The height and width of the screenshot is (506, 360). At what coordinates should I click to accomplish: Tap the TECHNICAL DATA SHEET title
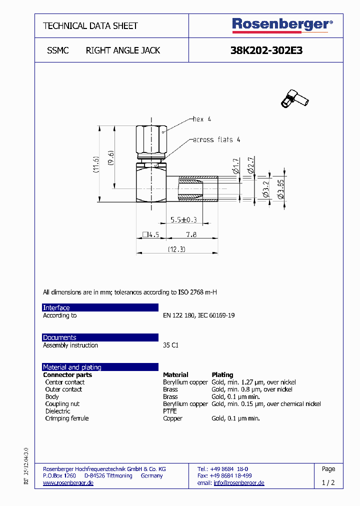point(90,25)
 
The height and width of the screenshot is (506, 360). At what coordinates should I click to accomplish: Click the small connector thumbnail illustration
point(295,98)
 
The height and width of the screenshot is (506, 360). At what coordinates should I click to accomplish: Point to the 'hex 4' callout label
point(202,119)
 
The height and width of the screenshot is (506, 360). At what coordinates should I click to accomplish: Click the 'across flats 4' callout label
point(216,140)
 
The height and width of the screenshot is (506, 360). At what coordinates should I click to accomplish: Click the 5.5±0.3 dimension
point(183,219)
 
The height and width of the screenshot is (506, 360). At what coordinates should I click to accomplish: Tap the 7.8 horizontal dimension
point(191,234)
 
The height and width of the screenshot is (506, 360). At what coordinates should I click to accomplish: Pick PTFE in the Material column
point(170,411)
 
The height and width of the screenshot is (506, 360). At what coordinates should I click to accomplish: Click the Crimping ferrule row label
point(67,418)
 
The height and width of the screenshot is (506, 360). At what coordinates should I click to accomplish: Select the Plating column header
point(222,374)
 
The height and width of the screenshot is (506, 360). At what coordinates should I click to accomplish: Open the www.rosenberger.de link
point(68,483)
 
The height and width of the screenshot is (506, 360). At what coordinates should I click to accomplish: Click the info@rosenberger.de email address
point(238,483)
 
